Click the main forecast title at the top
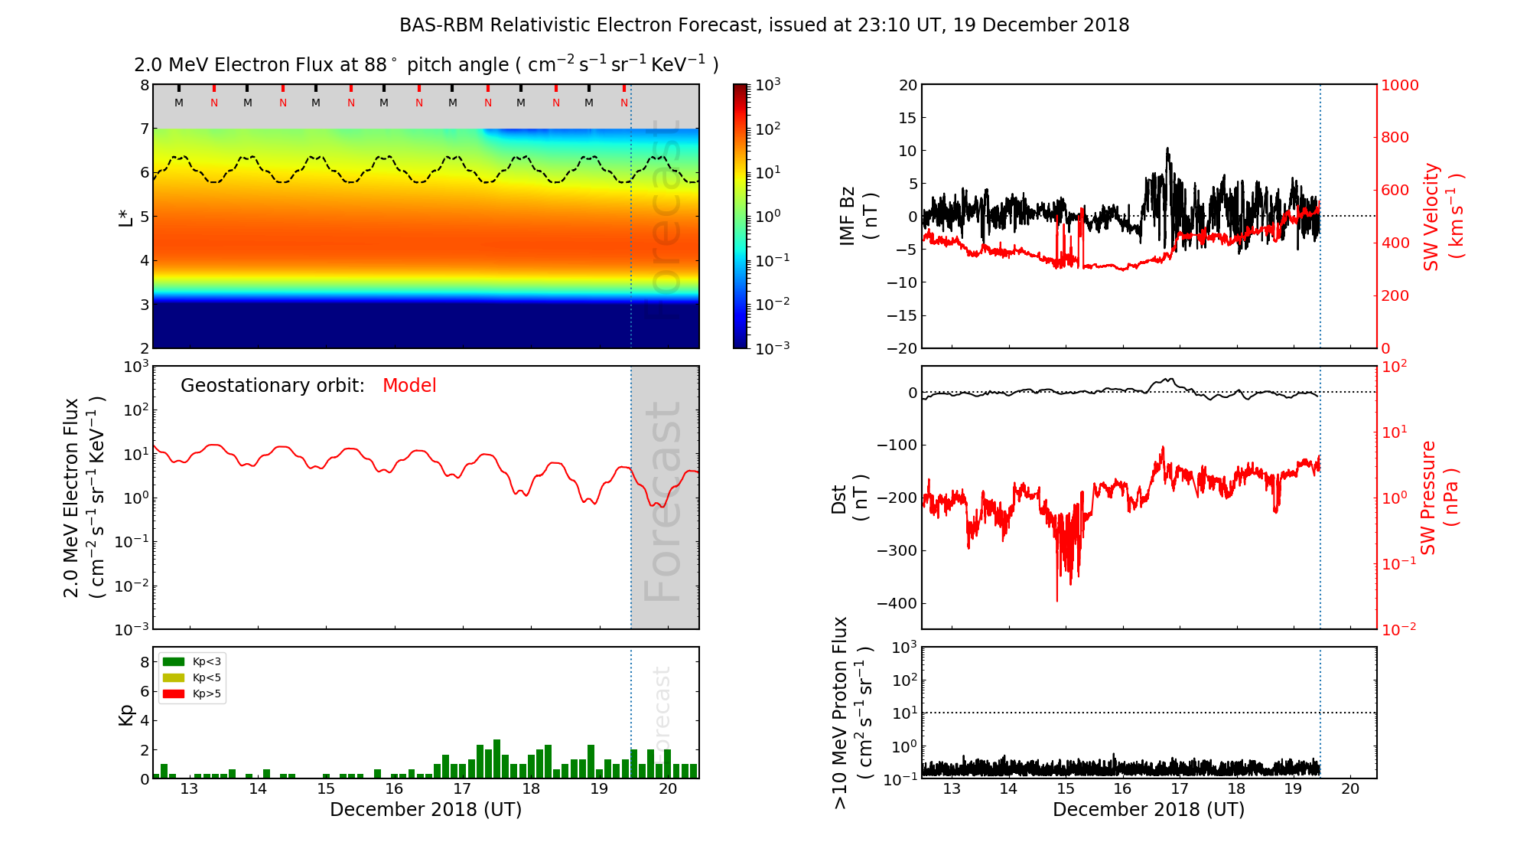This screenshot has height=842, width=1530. (x=764, y=25)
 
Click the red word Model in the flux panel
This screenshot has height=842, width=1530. (x=409, y=386)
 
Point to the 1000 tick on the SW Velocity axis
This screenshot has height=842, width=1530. (x=1399, y=85)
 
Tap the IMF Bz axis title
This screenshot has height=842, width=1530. (x=859, y=217)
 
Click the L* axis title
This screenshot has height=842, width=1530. (x=126, y=217)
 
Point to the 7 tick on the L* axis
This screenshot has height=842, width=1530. (x=144, y=129)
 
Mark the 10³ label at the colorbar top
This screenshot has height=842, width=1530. (x=767, y=84)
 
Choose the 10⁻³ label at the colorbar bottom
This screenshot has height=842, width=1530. (x=772, y=348)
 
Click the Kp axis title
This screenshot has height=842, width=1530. (x=126, y=714)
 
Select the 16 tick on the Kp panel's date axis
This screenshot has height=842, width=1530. (x=394, y=789)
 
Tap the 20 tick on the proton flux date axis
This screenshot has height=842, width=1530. (x=1350, y=789)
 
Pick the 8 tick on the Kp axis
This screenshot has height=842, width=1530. (x=144, y=662)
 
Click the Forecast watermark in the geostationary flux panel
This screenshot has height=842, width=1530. (x=662, y=501)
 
